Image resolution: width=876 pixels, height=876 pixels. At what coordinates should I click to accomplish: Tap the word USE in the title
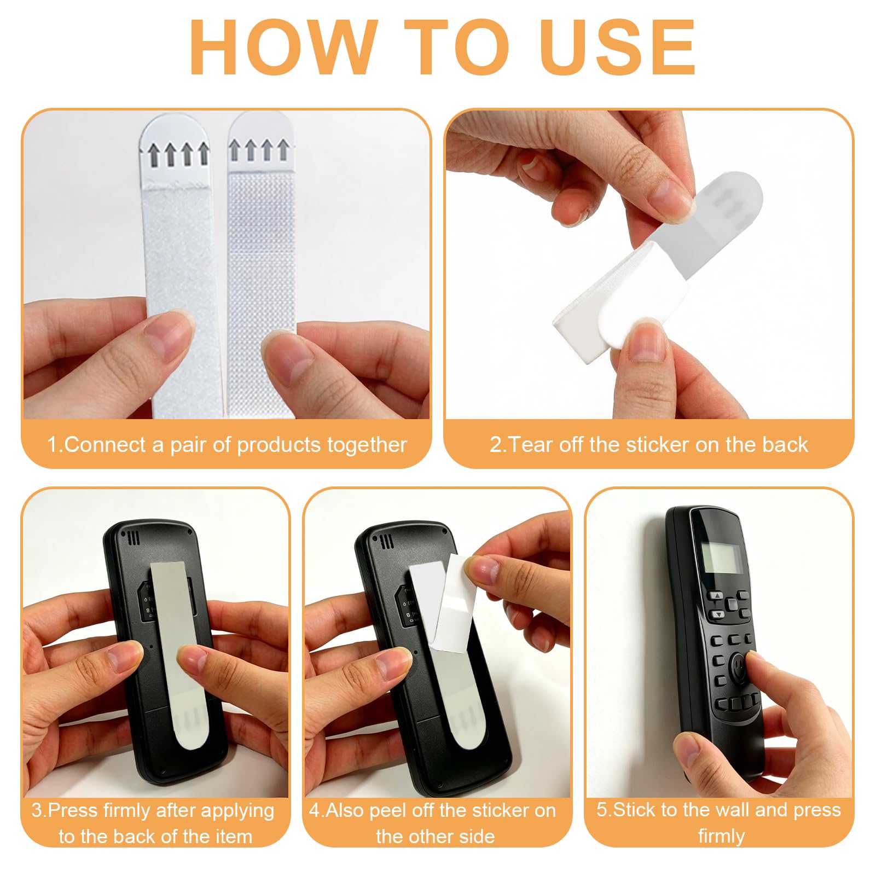click(617, 47)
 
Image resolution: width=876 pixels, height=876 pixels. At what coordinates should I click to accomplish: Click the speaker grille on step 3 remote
click(134, 538)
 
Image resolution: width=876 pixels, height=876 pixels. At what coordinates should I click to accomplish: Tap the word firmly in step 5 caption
click(721, 836)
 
